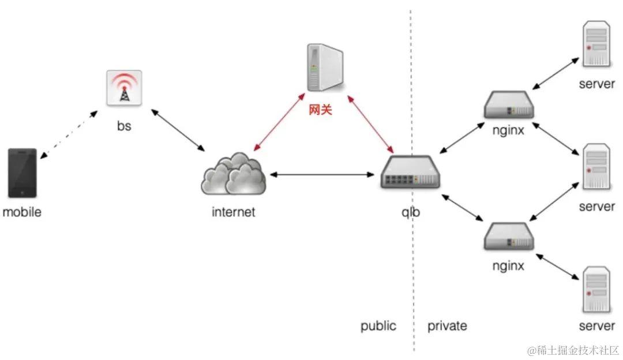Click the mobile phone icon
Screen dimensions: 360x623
22,173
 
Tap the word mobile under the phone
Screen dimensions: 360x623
22,212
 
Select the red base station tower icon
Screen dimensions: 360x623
124,88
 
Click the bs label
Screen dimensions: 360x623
124,125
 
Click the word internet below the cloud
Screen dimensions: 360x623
234,212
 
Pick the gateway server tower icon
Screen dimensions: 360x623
323,68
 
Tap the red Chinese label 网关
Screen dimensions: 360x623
321,109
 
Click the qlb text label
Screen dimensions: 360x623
411,212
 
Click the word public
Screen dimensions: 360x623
378,326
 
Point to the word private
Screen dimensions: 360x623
447,326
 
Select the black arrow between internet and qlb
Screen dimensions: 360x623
323,174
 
